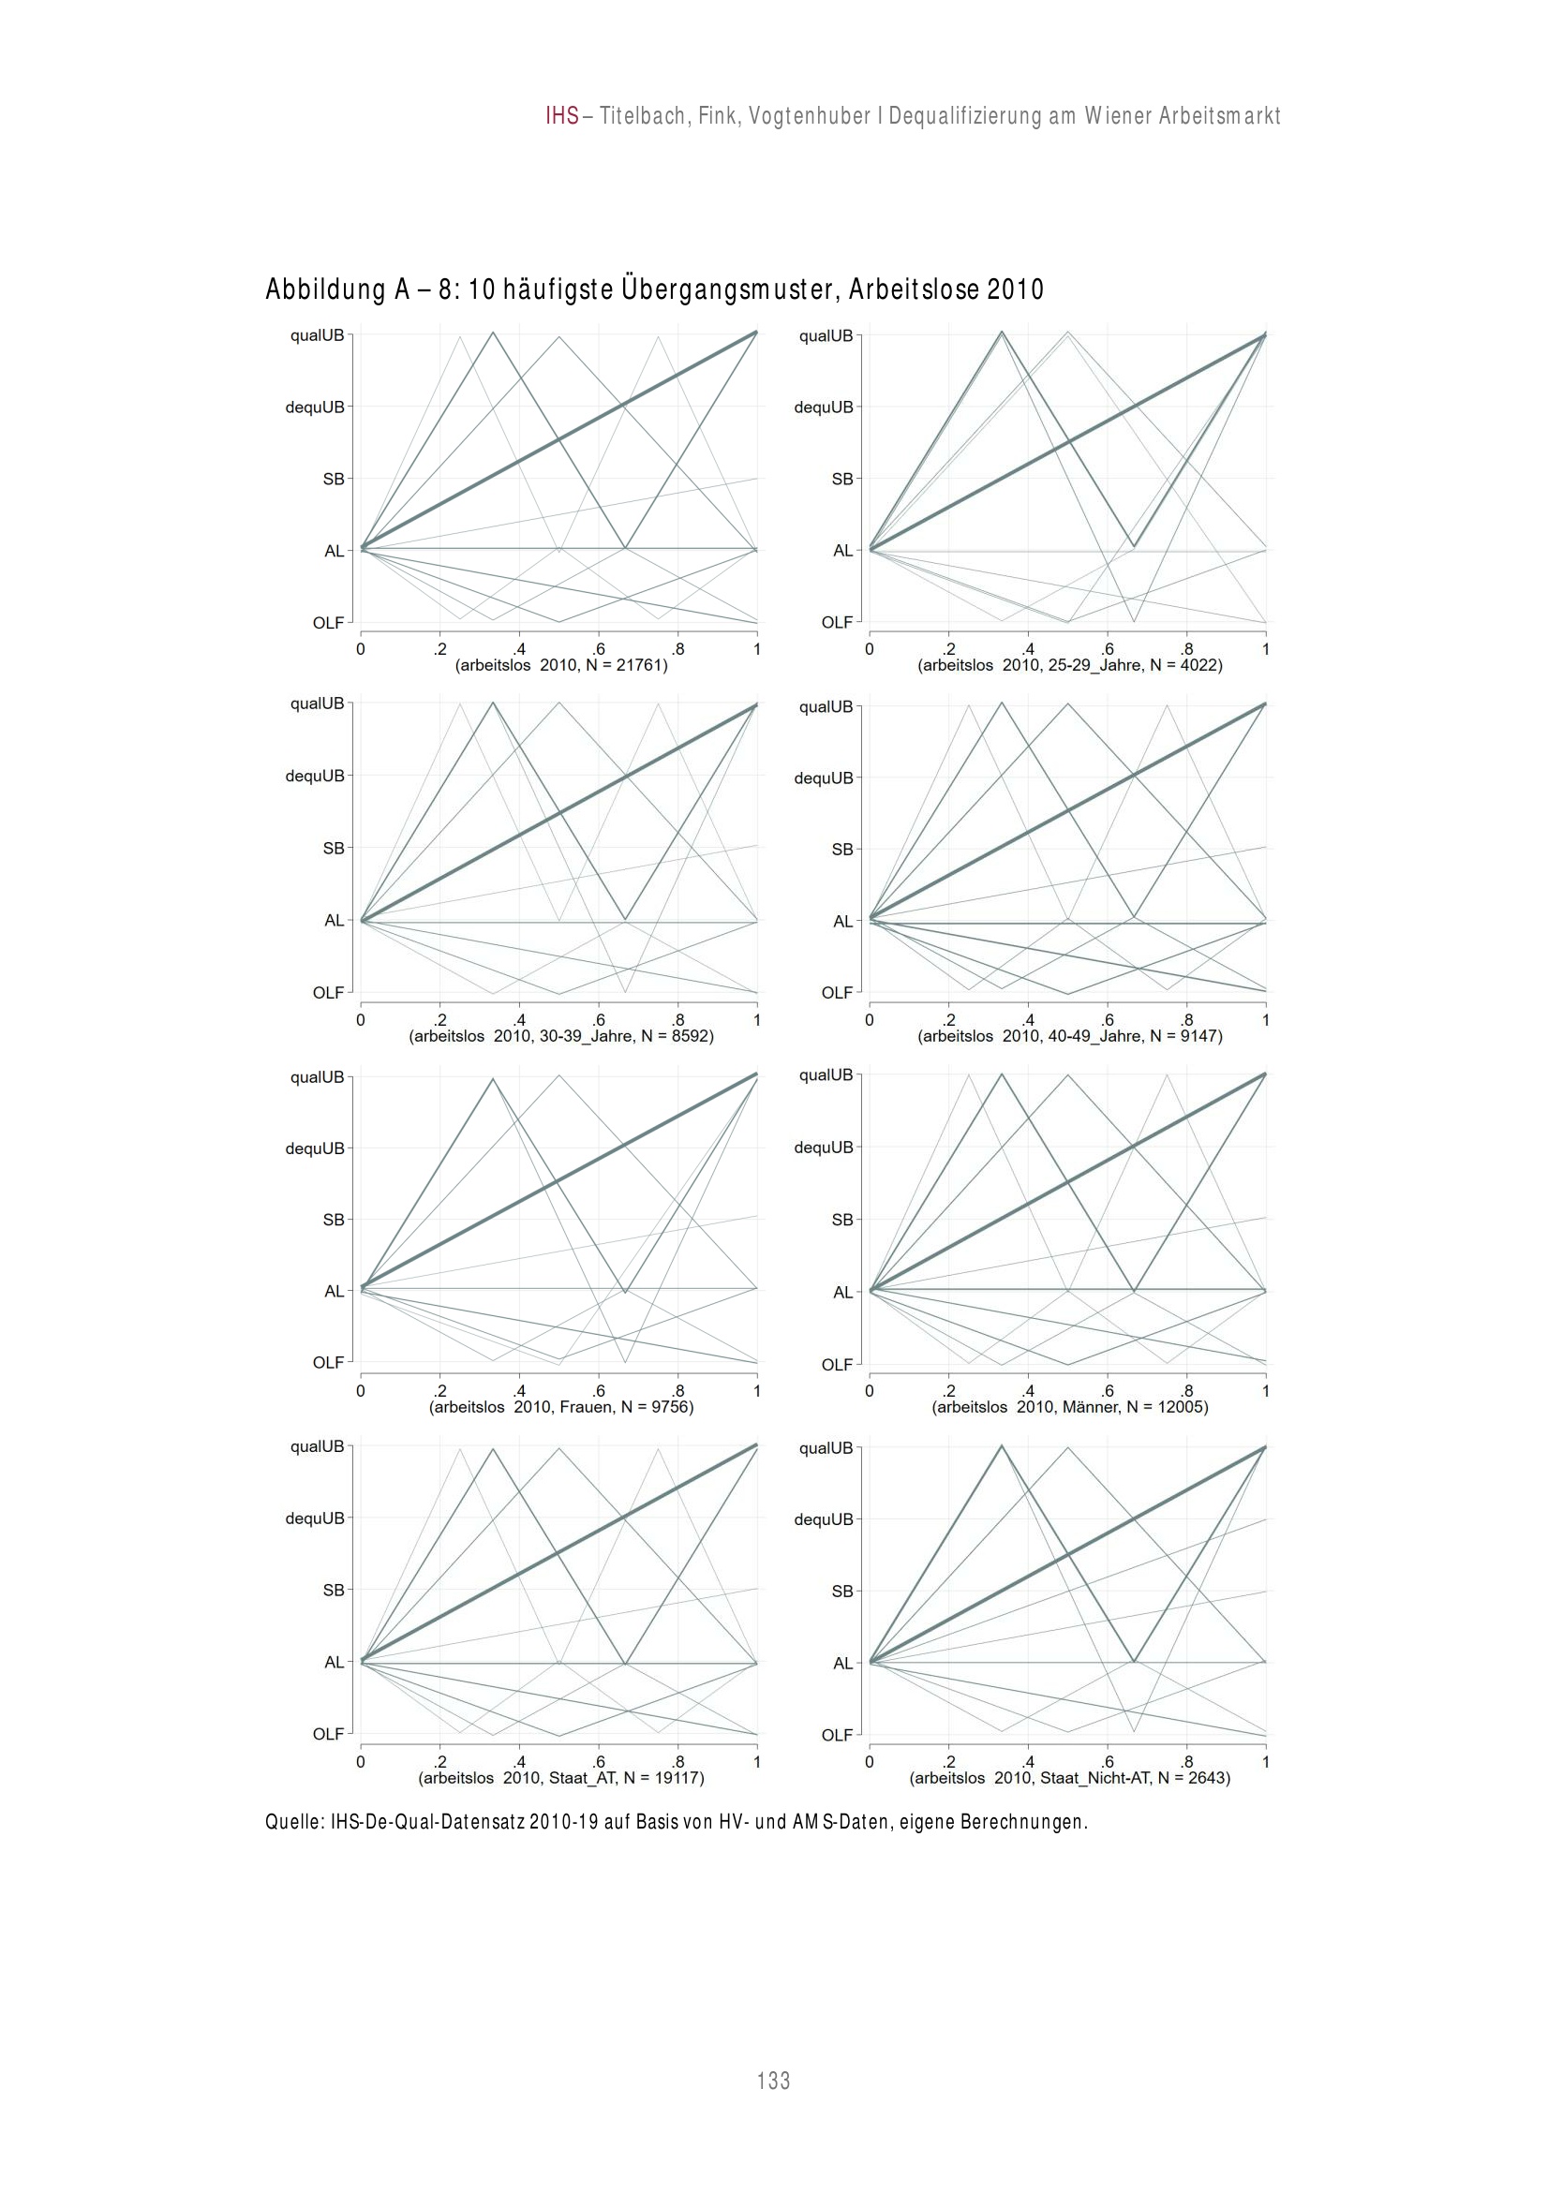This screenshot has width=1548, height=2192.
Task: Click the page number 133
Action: tap(772, 2081)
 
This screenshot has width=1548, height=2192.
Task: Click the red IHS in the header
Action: tap(562, 116)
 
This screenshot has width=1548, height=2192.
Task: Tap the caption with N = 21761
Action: tap(561, 665)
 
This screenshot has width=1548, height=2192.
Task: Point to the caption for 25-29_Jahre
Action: tap(1069, 665)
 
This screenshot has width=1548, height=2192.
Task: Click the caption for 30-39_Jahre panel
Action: tap(561, 1036)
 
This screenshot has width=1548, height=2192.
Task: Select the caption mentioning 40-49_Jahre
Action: tap(1069, 1036)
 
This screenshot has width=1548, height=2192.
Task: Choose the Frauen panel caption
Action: tap(561, 1407)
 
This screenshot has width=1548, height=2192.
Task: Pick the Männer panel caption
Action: tap(1069, 1407)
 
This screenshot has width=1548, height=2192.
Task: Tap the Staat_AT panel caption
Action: tap(561, 1779)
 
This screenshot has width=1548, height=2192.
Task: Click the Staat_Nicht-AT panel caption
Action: tap(1069, 1779)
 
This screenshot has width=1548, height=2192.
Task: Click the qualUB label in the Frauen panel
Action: tap(317, 1077)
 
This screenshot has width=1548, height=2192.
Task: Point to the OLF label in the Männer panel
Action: tap(837, 1364)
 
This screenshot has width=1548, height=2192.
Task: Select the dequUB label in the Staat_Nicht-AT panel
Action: tap(823, 1518)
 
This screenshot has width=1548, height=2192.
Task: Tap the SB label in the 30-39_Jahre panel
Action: tap(334, 848)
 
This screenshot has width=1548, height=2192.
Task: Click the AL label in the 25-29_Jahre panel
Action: tap(842, 551)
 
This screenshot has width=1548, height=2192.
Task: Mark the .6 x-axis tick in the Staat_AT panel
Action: tap(599, 1761)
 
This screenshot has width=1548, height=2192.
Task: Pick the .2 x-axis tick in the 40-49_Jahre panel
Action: tap(948, 1019)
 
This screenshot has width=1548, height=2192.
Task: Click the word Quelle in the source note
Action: tap(294, 1823)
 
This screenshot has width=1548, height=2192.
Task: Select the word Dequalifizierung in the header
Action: tap(965, 116)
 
